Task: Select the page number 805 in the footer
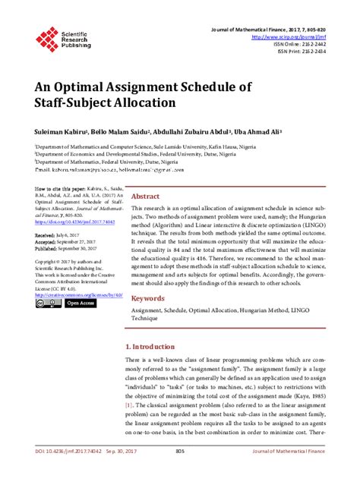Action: [180, 472]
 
